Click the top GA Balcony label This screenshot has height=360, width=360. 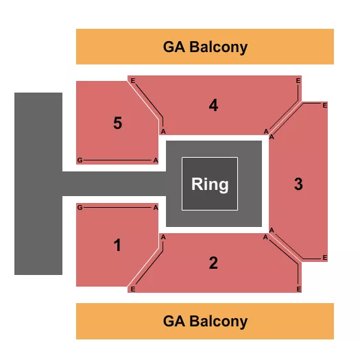[205, 47]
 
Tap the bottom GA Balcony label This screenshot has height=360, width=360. [205, 321]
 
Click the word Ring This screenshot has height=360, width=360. [209, 184]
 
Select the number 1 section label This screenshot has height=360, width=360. [117, 245]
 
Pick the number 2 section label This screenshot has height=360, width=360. [213, 263]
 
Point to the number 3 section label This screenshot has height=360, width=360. [298, 184]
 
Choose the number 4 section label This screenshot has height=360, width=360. [213, 106]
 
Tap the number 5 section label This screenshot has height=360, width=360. [117, 123]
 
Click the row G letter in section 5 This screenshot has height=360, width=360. [80, 160]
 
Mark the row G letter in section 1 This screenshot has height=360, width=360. [80, 207]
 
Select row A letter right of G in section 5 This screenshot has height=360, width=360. [156, 160]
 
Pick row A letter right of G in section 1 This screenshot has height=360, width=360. [156, 207]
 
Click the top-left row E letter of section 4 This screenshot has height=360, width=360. [133, 81]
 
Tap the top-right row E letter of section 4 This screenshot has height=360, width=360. [298, 81]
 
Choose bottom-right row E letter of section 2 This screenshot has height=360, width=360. [298, 289]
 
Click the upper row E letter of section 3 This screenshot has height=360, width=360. [324, 106]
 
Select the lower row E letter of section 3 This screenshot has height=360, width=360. [324, 258]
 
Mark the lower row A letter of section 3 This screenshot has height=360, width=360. [272, 230]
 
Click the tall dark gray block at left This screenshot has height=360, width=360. [38, 184]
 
